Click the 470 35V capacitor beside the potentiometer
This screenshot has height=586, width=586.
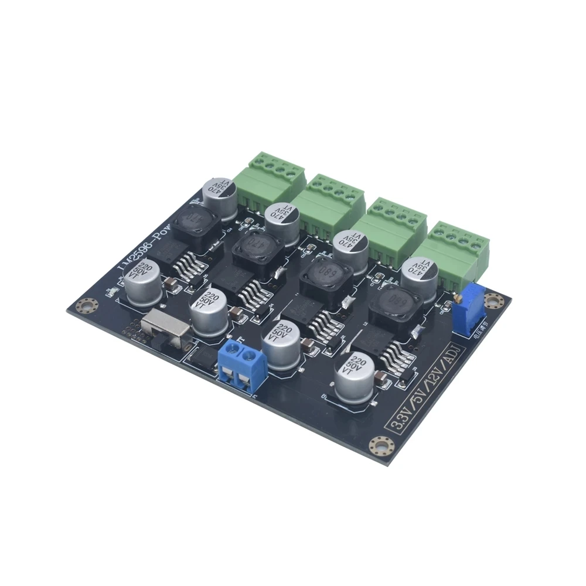tap(418, 275)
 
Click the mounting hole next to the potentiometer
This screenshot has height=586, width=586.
tap(498, 302)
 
